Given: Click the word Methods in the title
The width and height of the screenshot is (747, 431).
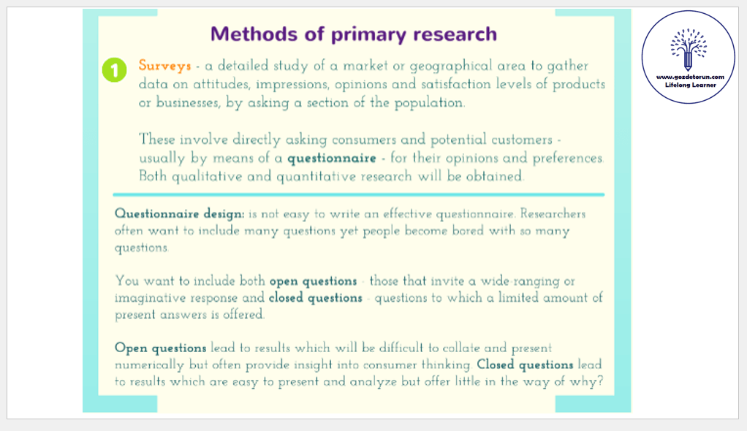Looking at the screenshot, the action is click(254, 34).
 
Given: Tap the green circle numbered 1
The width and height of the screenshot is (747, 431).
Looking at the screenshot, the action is click(114, 70).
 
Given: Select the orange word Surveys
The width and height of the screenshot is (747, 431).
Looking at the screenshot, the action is click(165, 66).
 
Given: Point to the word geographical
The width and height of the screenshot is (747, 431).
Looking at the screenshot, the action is click(451, 66).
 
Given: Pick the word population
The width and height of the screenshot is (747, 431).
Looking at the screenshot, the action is click(429, 103).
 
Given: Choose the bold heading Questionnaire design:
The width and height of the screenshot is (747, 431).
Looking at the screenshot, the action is click(180, 214).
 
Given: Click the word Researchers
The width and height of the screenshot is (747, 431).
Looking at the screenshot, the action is click(553, 213).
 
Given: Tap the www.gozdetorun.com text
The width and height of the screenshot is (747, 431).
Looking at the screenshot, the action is click(690, 77).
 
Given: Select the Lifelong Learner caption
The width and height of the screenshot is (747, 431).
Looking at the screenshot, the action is click(690, 85).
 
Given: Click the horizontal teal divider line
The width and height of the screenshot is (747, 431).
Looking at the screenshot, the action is click(359, 195).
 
